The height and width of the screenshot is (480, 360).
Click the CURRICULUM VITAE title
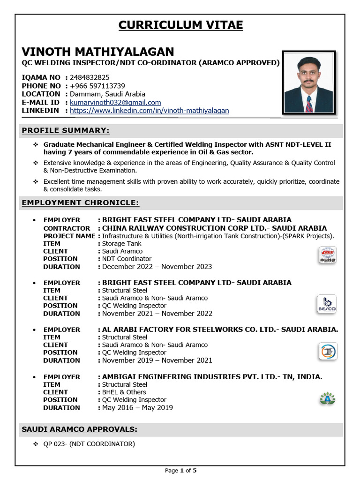coord(180,25)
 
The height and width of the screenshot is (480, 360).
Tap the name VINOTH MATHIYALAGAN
coord(97,51)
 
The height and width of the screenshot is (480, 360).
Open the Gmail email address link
coord(115,102)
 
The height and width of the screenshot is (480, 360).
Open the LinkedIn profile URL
coord(150,111)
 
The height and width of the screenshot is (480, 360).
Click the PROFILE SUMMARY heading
coord(66,130)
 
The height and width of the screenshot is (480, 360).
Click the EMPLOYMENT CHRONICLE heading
coord(80,202)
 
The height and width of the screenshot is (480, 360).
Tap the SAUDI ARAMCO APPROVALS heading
coord(79,429)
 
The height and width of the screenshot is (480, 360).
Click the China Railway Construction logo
coord(327,255)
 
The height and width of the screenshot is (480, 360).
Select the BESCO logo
coord(327,304)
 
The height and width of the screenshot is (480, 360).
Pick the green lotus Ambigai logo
coord(327,398)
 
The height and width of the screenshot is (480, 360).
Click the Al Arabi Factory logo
coord(327,351)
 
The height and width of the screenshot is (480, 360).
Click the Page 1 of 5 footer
coord(180,470)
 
